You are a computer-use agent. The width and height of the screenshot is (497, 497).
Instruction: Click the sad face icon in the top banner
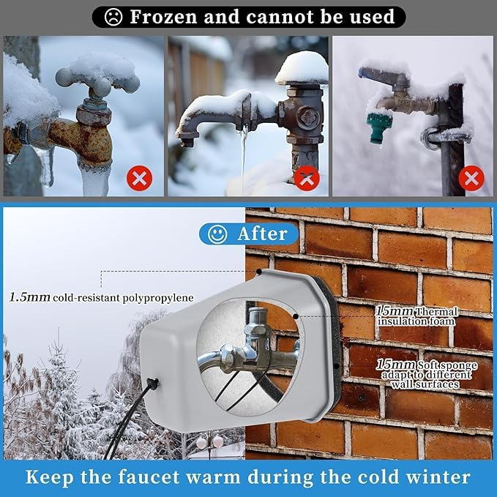[x=113, y=17]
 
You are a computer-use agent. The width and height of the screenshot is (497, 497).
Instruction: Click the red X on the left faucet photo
[x=139, y=178]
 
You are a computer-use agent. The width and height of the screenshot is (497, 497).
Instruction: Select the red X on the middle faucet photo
[x=307, y=178]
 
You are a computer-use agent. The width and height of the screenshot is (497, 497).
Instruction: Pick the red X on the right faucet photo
[x=472, y=178]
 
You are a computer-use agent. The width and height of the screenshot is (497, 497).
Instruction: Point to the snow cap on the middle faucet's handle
[x=302, y=68]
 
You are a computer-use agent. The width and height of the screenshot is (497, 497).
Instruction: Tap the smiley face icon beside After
[x=216, y=234]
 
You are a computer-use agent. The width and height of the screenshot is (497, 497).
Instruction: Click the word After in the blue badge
[x=262, y=234]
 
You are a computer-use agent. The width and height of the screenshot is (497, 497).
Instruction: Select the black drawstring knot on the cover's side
[x=153, y=384]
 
